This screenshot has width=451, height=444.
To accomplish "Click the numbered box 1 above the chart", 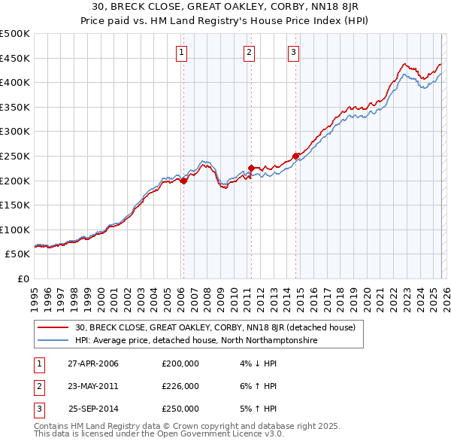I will point(183,52).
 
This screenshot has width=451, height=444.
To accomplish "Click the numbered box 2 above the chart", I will point(249,52).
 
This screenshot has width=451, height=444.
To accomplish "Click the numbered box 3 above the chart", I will point(293,52).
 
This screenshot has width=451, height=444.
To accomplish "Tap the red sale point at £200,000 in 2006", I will point(183,181).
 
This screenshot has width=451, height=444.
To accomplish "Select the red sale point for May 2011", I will point(250,168).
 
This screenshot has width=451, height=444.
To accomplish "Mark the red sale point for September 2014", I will point(295,157).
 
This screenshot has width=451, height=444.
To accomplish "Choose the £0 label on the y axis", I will point(22,278).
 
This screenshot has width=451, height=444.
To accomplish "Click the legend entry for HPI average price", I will point(195,340).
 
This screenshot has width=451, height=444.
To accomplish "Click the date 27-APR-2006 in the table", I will point(93,363).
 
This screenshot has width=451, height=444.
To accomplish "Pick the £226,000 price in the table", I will point(180,386).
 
